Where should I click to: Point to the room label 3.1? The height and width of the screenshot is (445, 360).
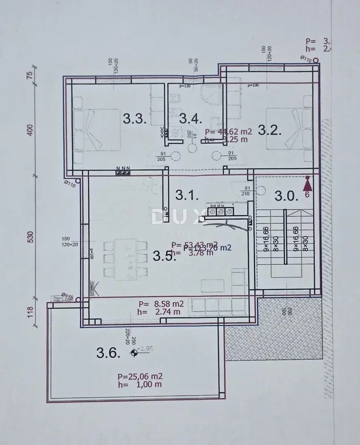click(186, 194)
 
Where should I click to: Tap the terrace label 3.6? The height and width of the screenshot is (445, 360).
click(108, 353)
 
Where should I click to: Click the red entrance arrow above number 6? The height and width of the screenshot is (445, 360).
click(307, 182)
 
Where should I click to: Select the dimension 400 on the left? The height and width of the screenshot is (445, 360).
click(31, 130)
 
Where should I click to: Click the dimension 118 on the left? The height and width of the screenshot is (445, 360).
click(31, 311)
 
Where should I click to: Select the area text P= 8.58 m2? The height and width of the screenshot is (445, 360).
click(161, 304)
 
